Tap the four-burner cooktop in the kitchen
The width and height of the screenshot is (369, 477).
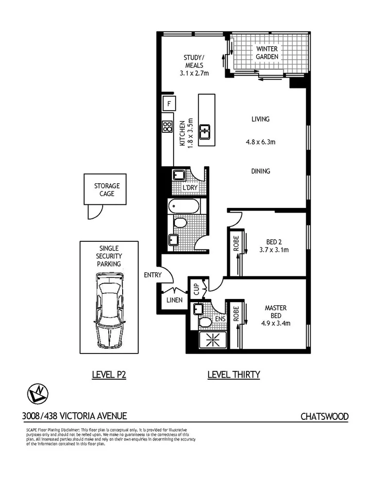pyautogui.click(x=167, y=127)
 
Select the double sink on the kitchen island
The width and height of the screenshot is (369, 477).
pyautogui.click(x=205, y=131)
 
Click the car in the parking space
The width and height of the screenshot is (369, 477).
pyautogui.click(x=109, y=312)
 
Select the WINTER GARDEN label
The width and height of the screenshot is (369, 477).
pyautogui.click(x=267, y=52)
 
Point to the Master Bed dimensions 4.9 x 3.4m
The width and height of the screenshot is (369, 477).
pyautogui.click(x=275, y=323)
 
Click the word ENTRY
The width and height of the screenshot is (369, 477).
pyautogui.click(x=153, y=275)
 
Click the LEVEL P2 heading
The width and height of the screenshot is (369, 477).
pyautogui.click(x=109, y=375)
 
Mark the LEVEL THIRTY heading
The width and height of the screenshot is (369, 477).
pyautogui.click(x=233, y=375)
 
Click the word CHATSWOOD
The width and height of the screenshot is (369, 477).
pyautogui.click(x=325, y=416)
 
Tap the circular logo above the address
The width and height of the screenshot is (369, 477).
pyautogui.click(x=37, y=395)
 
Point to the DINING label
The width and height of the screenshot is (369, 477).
pyautogui.click(x=260, y=171)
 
